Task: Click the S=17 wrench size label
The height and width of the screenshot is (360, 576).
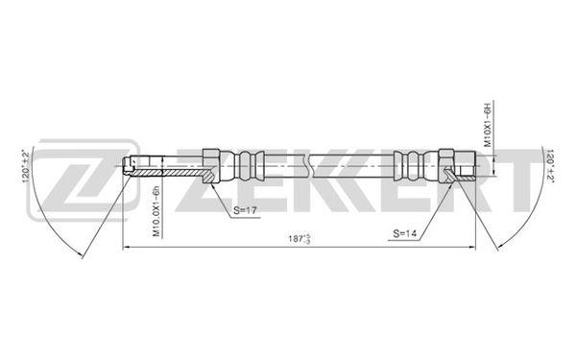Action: [245, 210]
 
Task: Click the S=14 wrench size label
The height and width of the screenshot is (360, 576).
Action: [404, 233]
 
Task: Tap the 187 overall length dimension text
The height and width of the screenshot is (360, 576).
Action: [300, 239]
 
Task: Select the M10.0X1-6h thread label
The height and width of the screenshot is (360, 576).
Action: [156, 211]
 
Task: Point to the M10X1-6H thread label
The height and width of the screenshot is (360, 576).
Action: [488, 125]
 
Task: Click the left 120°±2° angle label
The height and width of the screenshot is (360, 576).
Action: [26, 165]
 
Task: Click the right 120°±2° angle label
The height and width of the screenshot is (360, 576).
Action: [551, 165]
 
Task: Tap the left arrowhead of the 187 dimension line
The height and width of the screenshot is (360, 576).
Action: [126, 248]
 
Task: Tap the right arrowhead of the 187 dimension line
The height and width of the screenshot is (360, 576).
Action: [472, 248]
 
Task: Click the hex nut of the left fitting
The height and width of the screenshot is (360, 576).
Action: [211, 166]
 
